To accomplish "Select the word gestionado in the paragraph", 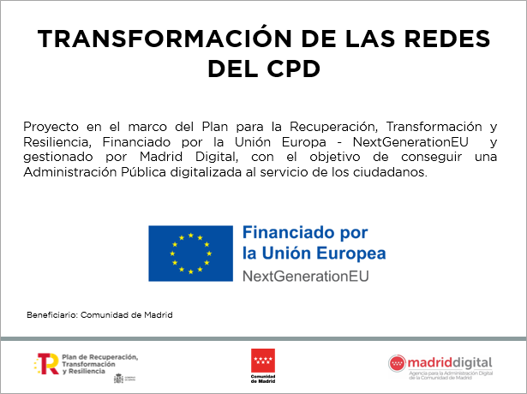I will [x=58, y=158].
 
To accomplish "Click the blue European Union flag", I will [x=190, y=254].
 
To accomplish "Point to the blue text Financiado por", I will [x=304, y=233].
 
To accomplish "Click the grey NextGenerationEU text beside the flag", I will [x=306, y=277].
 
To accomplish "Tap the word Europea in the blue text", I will [x=351, y=254].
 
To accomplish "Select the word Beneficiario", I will [x=51, y=314].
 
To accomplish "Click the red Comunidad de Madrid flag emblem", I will [x=262, y=360].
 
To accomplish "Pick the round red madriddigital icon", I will [x=398, y=363].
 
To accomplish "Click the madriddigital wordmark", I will [x=451, y=361].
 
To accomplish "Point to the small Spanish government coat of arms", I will [x=118, y=377].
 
